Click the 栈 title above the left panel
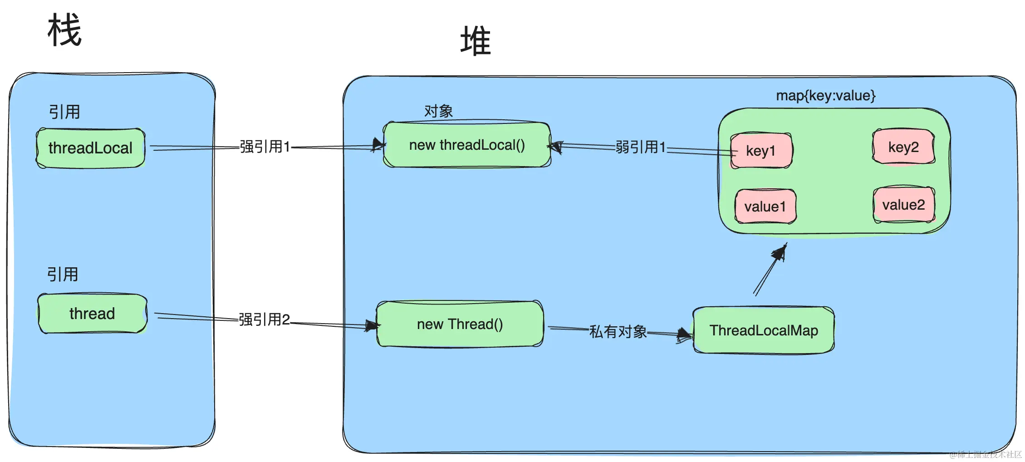point(64,30)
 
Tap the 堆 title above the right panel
point(476,41)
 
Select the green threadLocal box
point(91,148)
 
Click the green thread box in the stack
point(92,314)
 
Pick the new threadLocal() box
point(467,145)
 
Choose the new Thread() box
point(460,324)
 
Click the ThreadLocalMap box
point(764,330)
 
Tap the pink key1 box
point(761,151)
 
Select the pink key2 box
point(903,147)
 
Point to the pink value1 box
point(765,206)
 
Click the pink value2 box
point(903,205)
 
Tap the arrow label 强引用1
point(265,147)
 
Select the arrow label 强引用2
point(265,319)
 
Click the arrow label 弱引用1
point(641,147)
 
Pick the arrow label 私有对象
point(618,332)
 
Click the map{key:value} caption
point(825,95)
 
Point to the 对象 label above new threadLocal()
point(438,111)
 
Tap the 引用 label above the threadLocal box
point(64,112)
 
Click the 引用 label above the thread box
point(63,274)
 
